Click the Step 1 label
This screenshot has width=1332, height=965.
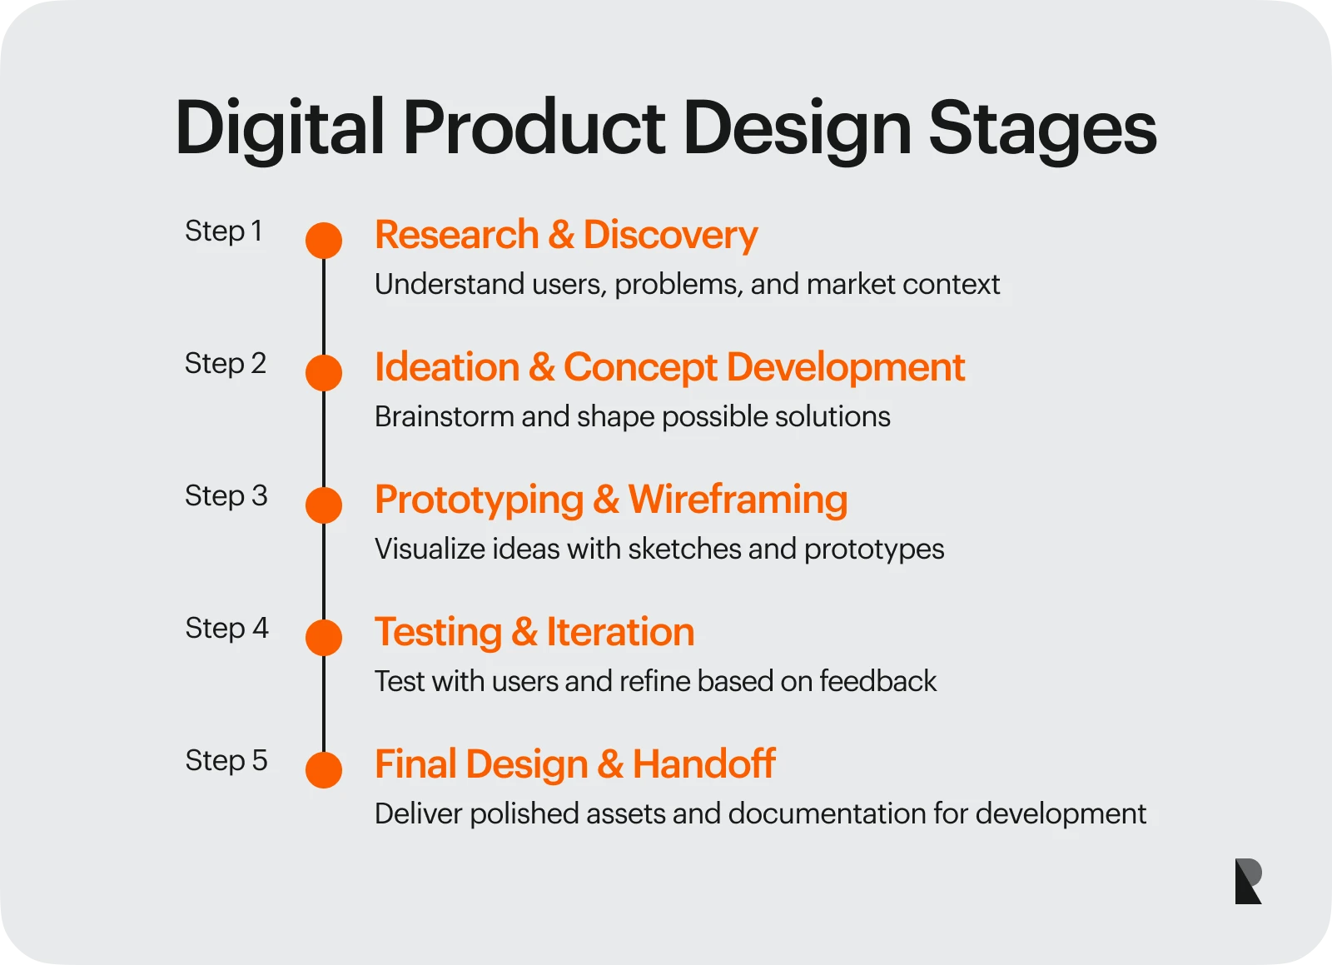[x=223, y=231]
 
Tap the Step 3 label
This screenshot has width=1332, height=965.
[x=226, y=495]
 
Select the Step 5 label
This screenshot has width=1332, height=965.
[x=226, y=760]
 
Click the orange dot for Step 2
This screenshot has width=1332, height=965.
[x=324, y=373]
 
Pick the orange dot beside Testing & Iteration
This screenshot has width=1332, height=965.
[x=324, y=638]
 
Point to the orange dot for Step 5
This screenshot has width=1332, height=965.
[x=324, y=770]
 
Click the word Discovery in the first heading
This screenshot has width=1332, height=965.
[x=670, y=235]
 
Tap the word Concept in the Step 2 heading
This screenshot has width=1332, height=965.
[x=639, y=367]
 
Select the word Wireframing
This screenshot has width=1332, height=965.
[x=738, y=500]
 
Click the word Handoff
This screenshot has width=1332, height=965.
[x=703, y=764]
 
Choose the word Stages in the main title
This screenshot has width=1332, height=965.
[x=1041, y=128]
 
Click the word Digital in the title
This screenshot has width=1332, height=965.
[x=280, y=128]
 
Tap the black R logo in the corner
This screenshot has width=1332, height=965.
[x=1248, y=881]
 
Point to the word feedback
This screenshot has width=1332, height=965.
[x=877, y=681]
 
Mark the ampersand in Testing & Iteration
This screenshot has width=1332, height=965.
[x=524, y=632]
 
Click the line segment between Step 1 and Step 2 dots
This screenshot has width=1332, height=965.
[x=324, y=306]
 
